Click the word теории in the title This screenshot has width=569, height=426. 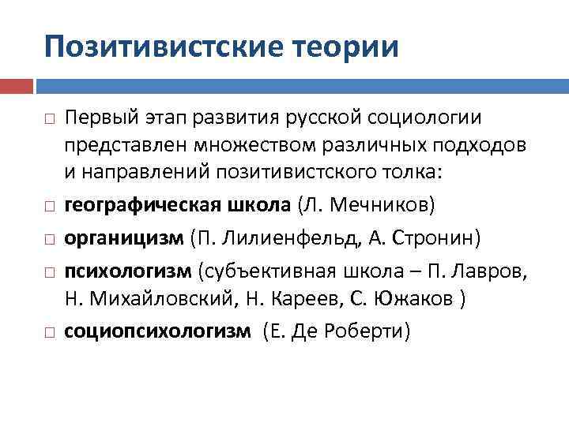(x=348, y=46)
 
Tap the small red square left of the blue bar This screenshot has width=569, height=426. (x=17, y=85)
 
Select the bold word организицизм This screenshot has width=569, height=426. (x=124, y=237)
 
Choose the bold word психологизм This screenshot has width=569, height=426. (x=127, y=271)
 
